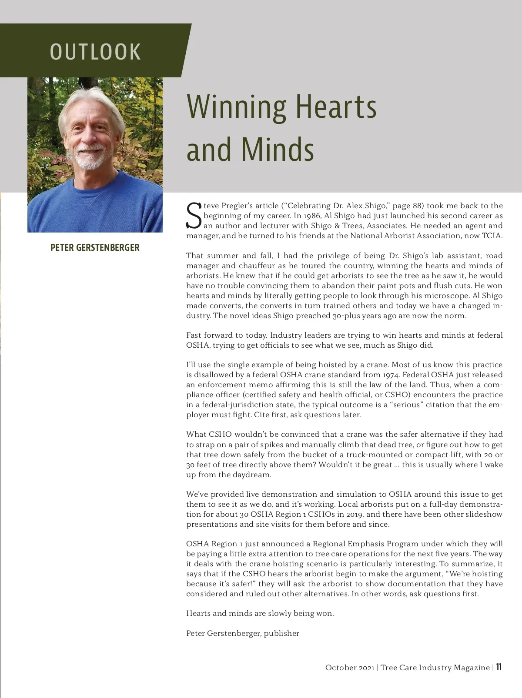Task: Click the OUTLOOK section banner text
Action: (x=95, y=52)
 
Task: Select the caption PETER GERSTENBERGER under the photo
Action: (x=95, y=248)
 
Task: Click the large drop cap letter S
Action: (x=194, y=216)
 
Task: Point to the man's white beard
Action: (x=90, y=160)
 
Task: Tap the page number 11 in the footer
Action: (x=499, y=667)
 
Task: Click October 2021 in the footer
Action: (x=349, y=668)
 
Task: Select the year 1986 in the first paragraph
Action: (x=312, y=216)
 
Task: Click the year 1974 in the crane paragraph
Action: (x=391, y=375)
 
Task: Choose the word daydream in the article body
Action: (x=252, y=475)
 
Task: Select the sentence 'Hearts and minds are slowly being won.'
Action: (x=260, y=613)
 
